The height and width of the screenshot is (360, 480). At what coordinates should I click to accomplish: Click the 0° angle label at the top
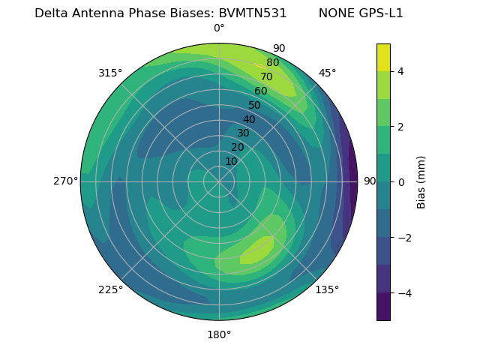click(219, 28)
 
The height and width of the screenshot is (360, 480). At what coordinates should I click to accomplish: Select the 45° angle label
click(327, 73)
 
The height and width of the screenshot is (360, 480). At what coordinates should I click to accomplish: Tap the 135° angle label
click(327, 290)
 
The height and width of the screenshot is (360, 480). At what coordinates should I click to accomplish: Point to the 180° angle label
click(219, 334)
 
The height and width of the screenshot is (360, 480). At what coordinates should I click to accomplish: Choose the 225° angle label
click(110, 290)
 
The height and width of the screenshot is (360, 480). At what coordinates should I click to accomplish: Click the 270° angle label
click(66, 181)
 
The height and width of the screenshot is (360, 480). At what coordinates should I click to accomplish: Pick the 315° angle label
click(110, 73)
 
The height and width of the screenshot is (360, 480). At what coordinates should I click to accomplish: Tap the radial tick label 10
click(231, 161)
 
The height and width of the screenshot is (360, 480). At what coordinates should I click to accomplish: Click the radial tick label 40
click(249, 120)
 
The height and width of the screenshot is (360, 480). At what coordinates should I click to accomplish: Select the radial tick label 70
click(267, 77)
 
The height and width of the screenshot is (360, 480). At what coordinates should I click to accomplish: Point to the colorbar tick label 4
click(400, 71)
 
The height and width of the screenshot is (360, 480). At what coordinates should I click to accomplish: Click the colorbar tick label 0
click(400, 182)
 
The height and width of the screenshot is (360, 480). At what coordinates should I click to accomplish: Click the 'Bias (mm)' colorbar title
click(421, 182)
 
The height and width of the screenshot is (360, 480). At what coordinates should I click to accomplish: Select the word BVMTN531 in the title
click(253, 13)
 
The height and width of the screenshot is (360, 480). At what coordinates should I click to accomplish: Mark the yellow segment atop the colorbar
click(383, 57)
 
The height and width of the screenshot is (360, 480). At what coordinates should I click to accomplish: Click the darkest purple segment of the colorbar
click(383, 307)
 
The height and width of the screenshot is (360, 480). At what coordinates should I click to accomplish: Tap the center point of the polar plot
click(219, 181)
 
